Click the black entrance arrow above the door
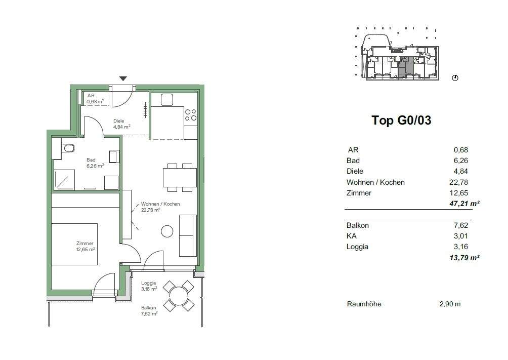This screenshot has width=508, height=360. (123, 78)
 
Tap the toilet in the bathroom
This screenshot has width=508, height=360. (68, 148)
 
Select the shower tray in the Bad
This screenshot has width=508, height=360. (64, 180)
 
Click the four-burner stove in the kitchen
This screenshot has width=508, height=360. (190, 115)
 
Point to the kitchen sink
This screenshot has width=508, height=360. (167, 100)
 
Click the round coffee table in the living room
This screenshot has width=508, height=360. (167, 231)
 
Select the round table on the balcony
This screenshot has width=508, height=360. (179, 296)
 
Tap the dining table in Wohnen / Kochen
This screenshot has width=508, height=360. (180, 177)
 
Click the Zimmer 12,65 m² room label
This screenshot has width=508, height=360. (85, 246)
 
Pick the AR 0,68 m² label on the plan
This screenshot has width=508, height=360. (95, 99)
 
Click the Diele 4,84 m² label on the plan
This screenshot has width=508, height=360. (121, 124)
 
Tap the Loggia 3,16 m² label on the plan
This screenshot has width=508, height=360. (149, 286)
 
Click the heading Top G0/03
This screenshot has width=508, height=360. (401, 121)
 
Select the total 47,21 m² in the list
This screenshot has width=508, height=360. (464, 204)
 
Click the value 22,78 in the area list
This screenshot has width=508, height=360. (458, 182)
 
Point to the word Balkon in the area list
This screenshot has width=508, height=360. (357, 225)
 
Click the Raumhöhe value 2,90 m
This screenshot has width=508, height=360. (450, 304)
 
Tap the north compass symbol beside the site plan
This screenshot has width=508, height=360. (455, 78)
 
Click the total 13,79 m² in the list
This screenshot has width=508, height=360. (464, 258)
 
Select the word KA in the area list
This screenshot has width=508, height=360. (352, 236)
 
